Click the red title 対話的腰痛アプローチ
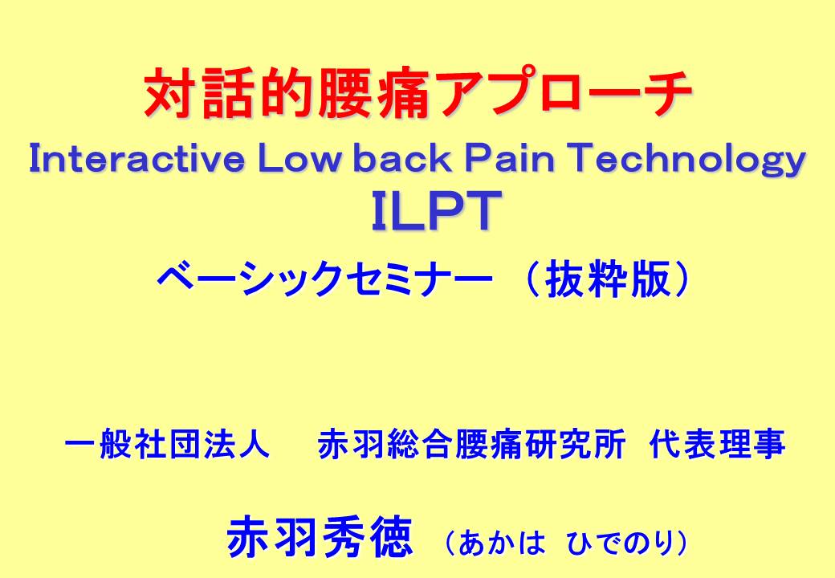(418, 92)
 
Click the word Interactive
(136, 158)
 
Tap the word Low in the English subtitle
(298, 158)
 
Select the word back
(402, 158)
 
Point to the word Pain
(510, 158)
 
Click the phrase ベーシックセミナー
(324, 279)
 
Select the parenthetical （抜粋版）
(605, 279)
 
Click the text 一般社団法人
(167, 445)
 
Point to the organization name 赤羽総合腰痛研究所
(471, 445)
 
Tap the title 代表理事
(717, 445)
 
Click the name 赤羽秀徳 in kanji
(320, 538)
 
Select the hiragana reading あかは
(501, 543)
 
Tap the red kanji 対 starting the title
(170, 92)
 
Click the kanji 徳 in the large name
(389, 538)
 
